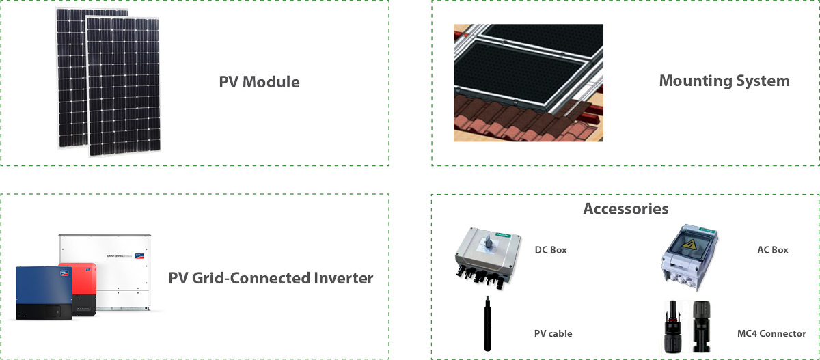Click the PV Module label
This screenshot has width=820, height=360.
[x=259, y=82]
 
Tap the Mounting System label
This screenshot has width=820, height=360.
[x=724, y=81]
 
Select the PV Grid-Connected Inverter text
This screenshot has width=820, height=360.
[x=271, y=278]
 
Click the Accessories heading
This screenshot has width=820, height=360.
[x=625, y=208]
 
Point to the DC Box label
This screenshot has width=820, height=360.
[x=550, y=250]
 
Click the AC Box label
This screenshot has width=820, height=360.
[x=772, y=250]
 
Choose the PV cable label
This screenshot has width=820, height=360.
[x=553, y=333]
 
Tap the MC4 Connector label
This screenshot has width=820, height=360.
[x=771, y=333]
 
